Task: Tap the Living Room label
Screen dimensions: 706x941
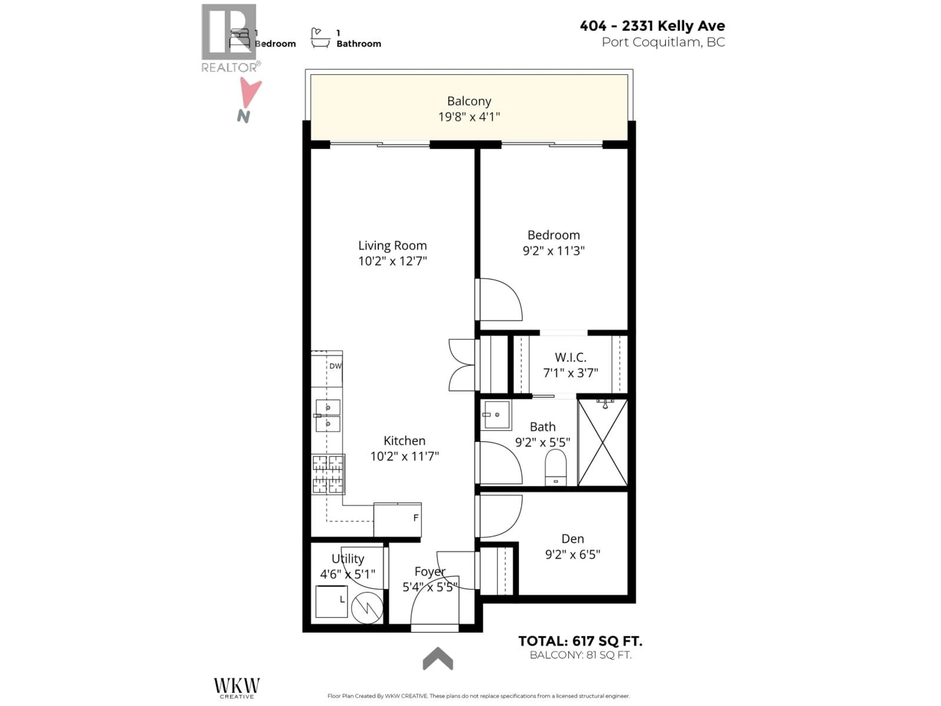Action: point(392,246)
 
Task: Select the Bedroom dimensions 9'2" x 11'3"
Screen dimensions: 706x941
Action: point(554,251)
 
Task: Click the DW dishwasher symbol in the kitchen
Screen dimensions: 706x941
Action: point(335,366)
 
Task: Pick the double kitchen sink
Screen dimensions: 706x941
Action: point(328,415)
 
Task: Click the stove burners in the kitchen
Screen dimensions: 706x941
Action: point(328,474)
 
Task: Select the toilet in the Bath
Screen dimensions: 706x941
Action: point(556,467)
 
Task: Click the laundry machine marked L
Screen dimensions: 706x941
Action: point(331,601)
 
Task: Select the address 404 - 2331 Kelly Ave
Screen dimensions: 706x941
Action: point(652,26)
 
